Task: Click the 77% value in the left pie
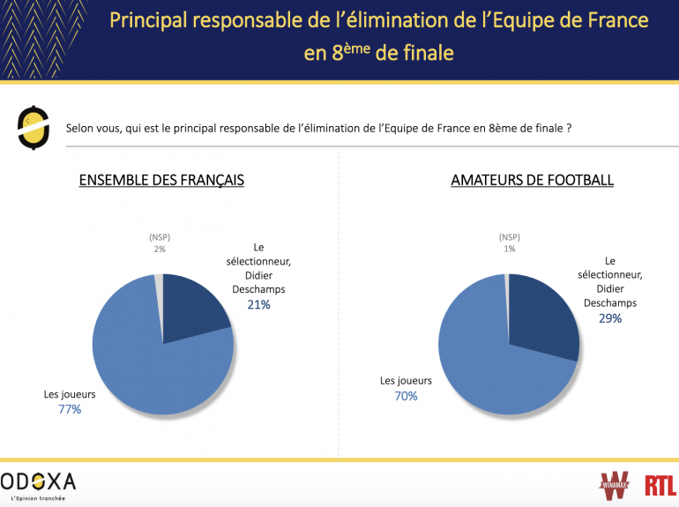pyautogui.click(x=70, y=409)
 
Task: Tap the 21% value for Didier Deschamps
pyautogui.click(x=258, y=305)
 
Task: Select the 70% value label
pyautogui.click(x=406, y=396)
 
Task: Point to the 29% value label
pyautogui.click(x=610, y=318)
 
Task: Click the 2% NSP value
pyautogui.click(x=160, y=250)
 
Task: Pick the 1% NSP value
pyautogui.click(x=509, y=250)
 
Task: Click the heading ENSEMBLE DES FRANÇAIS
pyautogui.click(x=161, y=180)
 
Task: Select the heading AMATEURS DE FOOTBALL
pyautogui.click(x=532, y=180)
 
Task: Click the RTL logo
pyautogui.click(x=660, y=485)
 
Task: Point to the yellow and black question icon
pyautogui.click(x=33, y=127)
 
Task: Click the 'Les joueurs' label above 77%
pyautogui.click(x=70, y=394)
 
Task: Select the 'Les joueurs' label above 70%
pyautogui.click(x=406, y=381)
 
